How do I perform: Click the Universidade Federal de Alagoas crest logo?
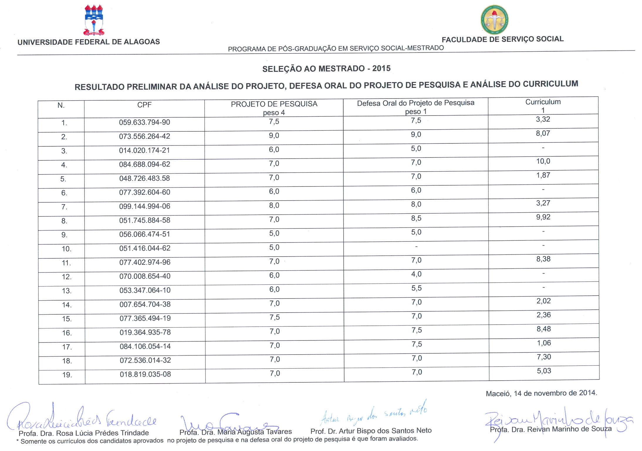94,20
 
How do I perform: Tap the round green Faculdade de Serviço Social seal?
494,20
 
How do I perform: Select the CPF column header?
144,105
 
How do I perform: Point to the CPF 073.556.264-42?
144,136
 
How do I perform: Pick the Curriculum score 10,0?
543,161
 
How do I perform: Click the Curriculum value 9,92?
543,217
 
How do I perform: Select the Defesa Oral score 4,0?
416,274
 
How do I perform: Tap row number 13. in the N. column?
67,291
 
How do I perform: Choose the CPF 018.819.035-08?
145,374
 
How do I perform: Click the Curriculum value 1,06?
544,343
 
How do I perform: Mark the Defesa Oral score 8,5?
416,218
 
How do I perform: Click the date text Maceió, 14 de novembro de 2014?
541,393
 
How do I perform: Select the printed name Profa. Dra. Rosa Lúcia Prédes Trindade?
84,433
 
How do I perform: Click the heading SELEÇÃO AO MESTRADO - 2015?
326,69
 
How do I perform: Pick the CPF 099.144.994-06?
145,206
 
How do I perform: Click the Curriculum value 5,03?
544,371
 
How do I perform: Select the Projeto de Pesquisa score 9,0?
274,136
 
